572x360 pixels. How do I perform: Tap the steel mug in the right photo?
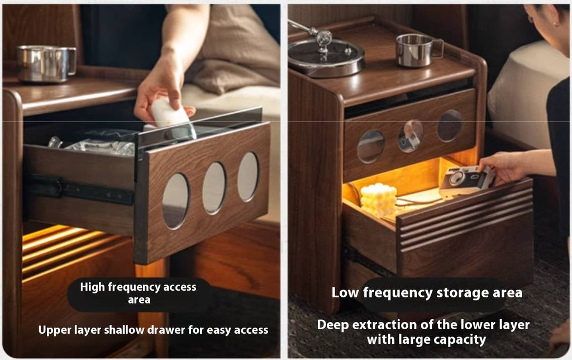(418, 50)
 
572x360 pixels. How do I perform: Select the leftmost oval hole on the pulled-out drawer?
(176, 201)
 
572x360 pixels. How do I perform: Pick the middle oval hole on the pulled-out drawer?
(214, 188)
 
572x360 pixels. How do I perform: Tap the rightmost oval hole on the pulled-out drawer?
(248, 176)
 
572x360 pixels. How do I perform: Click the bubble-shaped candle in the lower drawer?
(378, 200)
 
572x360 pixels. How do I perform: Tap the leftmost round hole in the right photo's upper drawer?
(371, 146)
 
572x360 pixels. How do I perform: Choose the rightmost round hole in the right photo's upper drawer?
(450, 126)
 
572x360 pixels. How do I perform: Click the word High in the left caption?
(93, 287)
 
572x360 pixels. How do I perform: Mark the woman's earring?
(555, 24)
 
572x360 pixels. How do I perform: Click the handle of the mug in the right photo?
(438, 49)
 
